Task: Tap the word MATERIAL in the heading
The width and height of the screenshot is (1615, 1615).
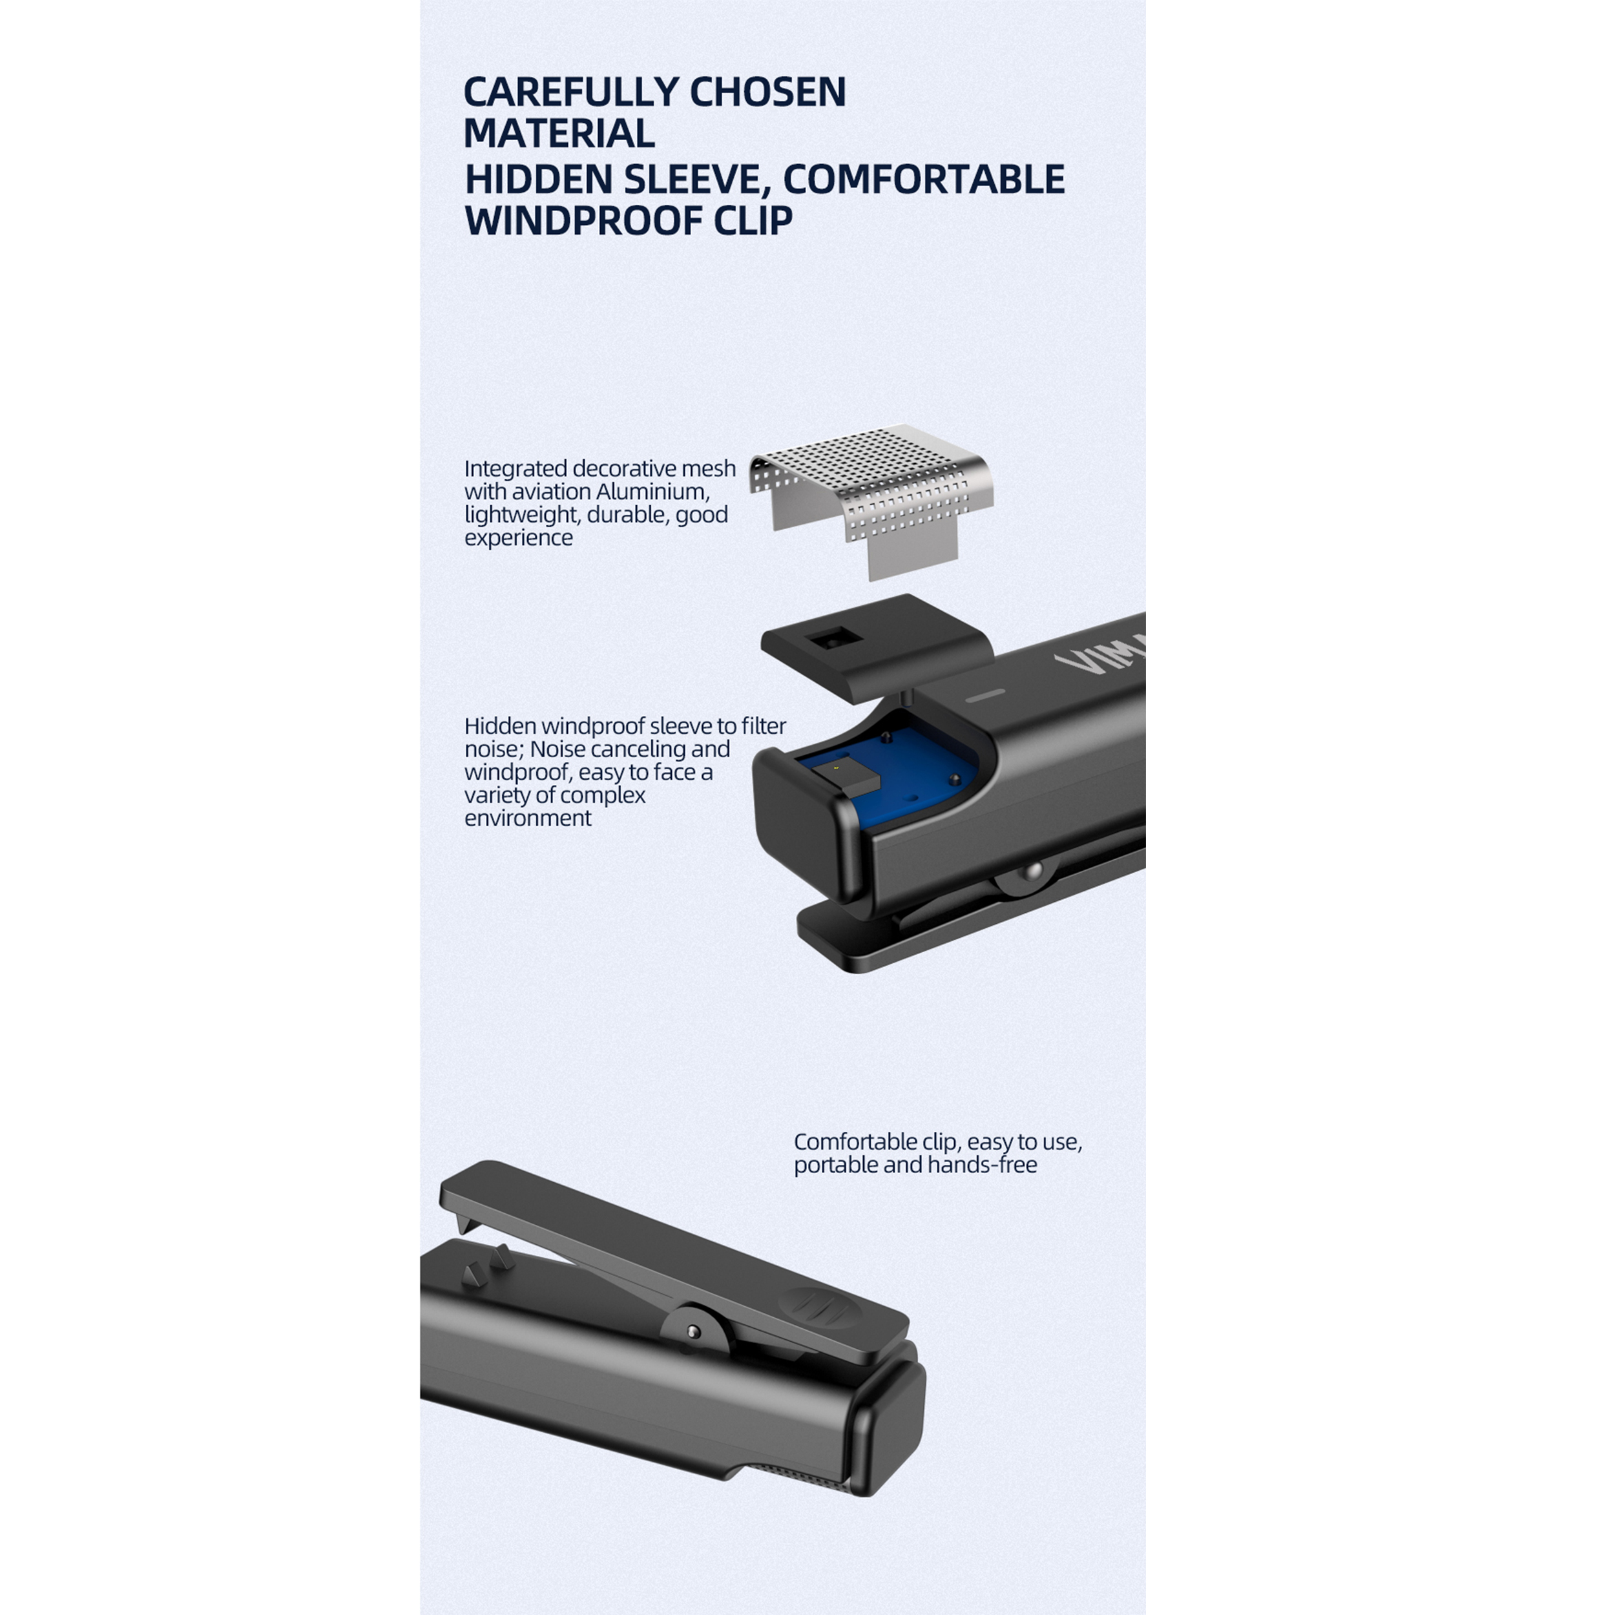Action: [x=559, y=134]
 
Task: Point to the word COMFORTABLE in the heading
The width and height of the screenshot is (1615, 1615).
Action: [x=924, y=179]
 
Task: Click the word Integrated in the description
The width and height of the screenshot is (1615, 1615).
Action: [x=516, y=469]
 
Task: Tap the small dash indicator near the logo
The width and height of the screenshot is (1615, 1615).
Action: [x=987, y=694]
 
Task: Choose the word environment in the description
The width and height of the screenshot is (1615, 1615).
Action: [x=528, y=818]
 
